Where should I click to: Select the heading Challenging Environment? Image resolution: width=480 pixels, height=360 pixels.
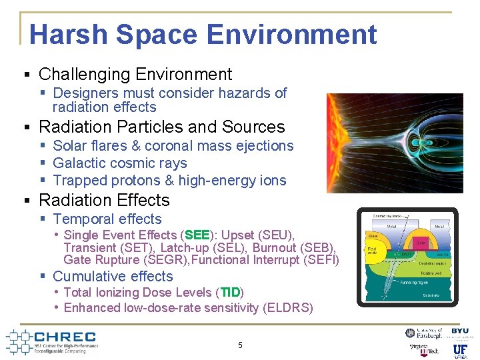[x=135, y=74]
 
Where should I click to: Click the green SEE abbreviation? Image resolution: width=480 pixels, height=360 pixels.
[x=197, y=235]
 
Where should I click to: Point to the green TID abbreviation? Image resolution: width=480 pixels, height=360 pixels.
[x=230, y=293]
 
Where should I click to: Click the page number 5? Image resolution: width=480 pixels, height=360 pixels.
[x=240, y=345]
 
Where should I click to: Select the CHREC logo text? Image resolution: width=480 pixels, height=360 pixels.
[x=64, y=337]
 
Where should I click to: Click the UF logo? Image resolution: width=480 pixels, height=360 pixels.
[x=460, y=349]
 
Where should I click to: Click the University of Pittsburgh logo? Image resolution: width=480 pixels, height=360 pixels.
[x=425, y=333]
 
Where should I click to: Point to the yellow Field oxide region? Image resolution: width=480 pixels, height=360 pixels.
[x=371, y=251]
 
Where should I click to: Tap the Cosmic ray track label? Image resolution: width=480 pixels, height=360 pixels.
[x=388, y=216]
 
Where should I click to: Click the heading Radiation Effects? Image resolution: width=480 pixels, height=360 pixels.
[x=104, y=200]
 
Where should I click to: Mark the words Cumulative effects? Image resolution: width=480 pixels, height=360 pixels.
[x=113, y=277]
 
